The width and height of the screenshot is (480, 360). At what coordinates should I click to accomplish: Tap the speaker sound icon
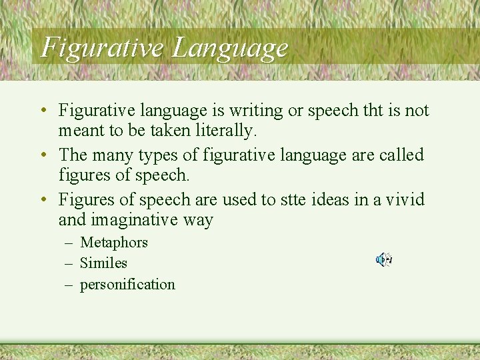pos(383,260)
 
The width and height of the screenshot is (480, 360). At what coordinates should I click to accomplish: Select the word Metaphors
pos(114,243)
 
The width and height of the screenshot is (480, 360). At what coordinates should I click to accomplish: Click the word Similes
pos(103,263)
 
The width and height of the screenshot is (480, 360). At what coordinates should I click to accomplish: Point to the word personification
pos(127,285)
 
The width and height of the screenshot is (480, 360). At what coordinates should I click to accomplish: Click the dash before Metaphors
pos(69,243)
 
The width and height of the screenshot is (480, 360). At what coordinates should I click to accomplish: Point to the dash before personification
pos(69,285)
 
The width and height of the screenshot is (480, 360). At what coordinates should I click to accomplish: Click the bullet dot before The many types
pos(42,155)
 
